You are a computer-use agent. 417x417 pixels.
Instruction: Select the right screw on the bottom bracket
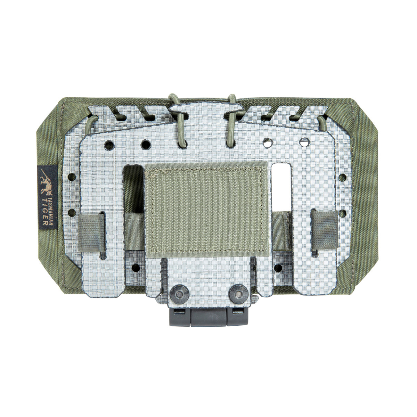[238, 291]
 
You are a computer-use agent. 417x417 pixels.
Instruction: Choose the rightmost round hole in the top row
[305, 142]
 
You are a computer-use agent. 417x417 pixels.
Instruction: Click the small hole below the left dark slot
[133, 268]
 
